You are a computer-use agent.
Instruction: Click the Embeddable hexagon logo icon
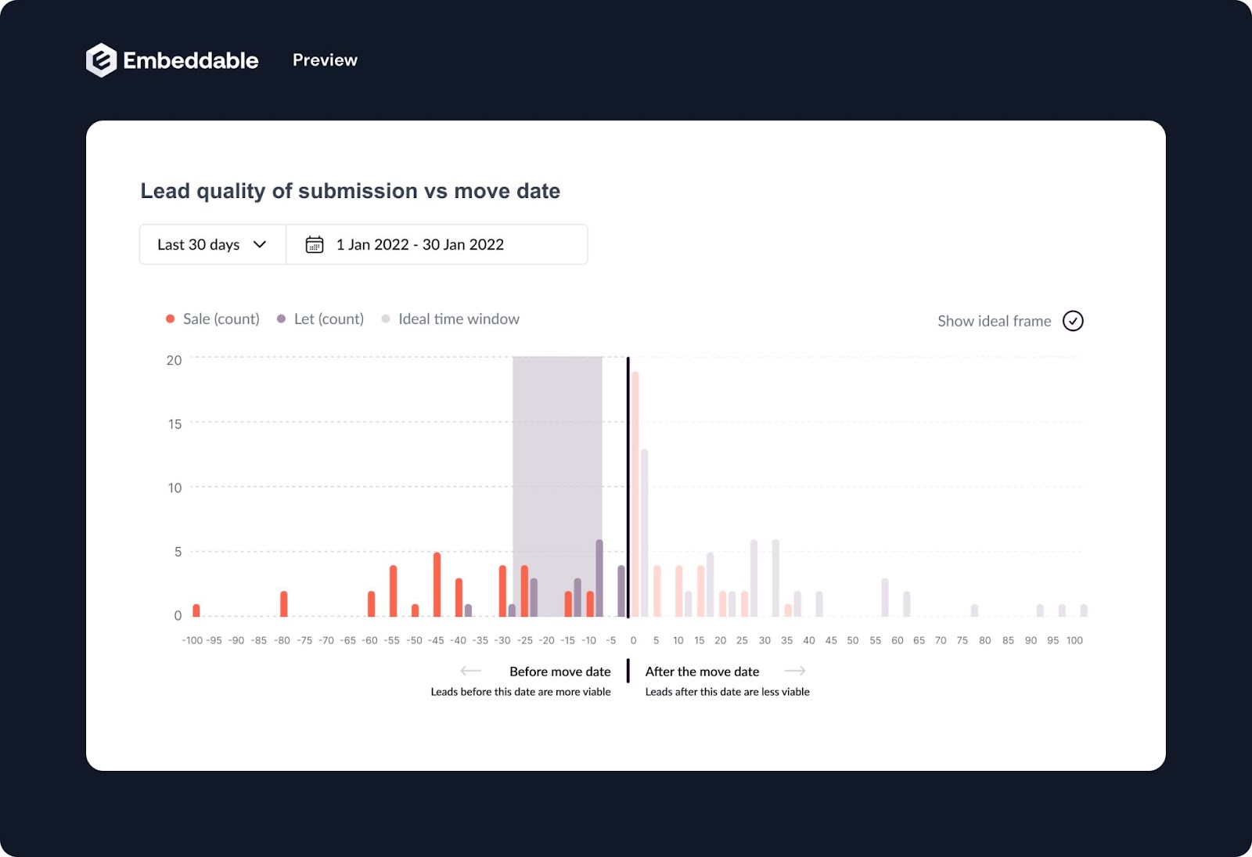coord(101,60)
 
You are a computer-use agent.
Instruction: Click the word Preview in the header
coord(325,60)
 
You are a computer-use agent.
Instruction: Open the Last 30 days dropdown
coord(212,245)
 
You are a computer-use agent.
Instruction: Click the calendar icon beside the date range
coord(315,245)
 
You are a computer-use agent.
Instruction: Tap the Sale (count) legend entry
coord(213,319)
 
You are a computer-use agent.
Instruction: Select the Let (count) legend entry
coord(321,319)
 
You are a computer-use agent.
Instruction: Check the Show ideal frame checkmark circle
coord(1073,321)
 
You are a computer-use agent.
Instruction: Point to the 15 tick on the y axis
coord(174,424)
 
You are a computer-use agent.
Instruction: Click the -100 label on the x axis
coord(192,640)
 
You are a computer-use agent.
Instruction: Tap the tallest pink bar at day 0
coord(635,493)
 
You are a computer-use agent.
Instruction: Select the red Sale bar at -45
coord(437,585)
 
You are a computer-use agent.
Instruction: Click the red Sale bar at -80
coord(283,603)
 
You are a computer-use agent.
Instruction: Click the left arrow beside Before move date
coord(470,671)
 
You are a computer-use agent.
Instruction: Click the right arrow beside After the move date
coord(795,671)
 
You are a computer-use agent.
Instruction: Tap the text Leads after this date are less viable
coord(727,692)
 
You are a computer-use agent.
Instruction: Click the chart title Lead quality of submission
coord(350,191)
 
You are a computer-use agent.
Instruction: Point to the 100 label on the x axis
coord(1074,640)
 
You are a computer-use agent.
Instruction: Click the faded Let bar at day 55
coord(885,597)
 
